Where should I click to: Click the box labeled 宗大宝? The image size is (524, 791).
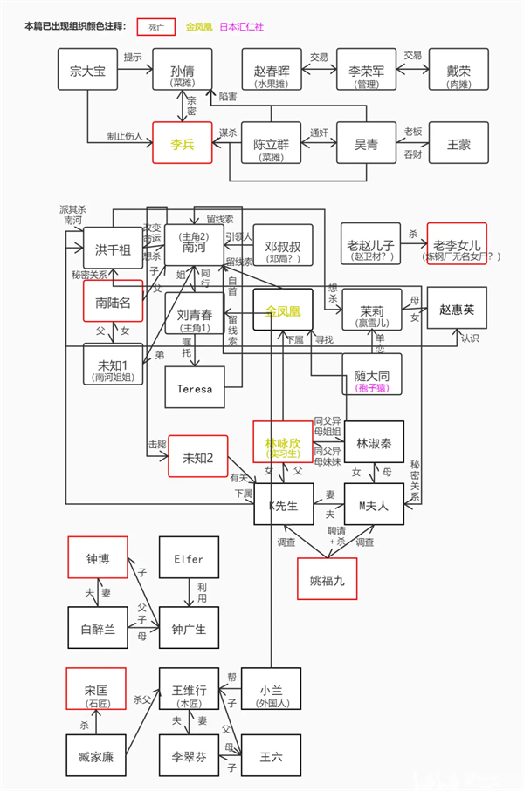tap(87, 70)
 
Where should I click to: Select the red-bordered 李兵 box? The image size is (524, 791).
tap(183, 142)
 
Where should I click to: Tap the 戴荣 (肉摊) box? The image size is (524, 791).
tap(458, 70)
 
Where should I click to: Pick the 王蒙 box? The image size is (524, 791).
tap(458, 142)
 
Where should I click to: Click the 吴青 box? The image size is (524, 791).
tap(365, 142)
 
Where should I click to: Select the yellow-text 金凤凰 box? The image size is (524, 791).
tap(283, 310)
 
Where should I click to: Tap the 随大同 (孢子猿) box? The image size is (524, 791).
tap(372, 373)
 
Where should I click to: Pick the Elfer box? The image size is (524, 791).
tap(188, 558)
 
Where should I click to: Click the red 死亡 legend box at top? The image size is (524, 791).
tap(155, 27)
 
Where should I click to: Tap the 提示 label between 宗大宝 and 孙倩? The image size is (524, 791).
tap(134, 57)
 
